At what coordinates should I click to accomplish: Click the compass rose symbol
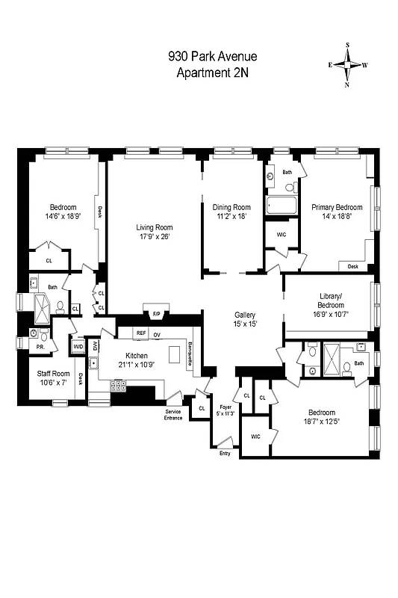(x=348, y=65)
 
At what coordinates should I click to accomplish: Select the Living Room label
(x=154, y=227)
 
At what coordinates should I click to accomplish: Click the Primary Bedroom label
(x=337, y=208)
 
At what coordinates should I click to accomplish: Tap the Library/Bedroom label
(x=329, y=300)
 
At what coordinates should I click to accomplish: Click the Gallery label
(x=245, y=315)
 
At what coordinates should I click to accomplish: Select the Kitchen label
(x=136, y=356)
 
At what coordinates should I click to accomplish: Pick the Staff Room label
(x=53, y=373)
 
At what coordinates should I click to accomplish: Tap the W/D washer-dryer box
(x=78, y=346)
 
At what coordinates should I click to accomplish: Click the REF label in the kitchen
(x=140, y=333)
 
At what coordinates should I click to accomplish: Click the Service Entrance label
(x=173, y=413)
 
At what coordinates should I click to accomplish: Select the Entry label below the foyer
(x=225, y=454)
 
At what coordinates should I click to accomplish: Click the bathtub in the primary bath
(x=281, y=205)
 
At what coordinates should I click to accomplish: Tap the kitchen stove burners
(x=118, y=386)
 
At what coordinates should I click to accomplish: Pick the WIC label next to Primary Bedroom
(x=282, y=235)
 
